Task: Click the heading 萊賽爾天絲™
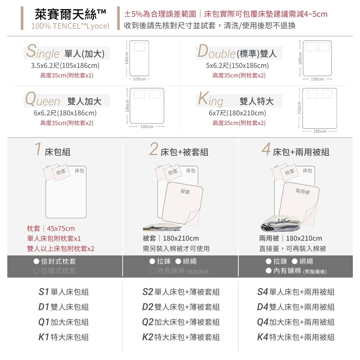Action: (70, 14)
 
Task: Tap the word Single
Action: (43, 52)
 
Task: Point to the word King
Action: (211, 99)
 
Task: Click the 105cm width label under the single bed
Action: (139, 79)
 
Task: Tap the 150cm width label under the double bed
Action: (317, 79)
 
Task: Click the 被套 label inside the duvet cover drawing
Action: (185, 191)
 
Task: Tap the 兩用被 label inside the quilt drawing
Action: (303, 191)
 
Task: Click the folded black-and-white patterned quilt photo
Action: (280, 223)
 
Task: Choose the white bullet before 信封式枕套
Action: (36, 261)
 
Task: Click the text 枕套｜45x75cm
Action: (51, 229)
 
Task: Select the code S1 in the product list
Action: (44, 292)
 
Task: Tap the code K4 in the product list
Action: (263, 337)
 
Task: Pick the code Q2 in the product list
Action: (148, 322)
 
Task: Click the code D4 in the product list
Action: (263, 307)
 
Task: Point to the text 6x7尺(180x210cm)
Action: (237, 113)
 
